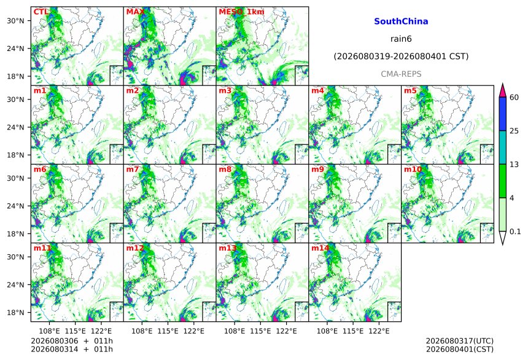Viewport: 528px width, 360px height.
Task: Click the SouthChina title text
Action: coord(401,22)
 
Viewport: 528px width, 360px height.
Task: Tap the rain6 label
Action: coord(401,39)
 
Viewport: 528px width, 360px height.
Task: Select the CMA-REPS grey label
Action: coord(401,74)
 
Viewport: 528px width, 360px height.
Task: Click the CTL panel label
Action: coord(41,12)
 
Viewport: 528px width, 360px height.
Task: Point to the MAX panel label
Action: coord(135,12)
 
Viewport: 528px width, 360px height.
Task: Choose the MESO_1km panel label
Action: coord(241,12)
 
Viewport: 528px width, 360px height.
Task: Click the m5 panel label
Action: coord(410,91)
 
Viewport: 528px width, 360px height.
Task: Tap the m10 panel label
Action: coord(413,169)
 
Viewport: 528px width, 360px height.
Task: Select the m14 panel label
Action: coord(320,248)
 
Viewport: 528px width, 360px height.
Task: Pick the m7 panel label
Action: coord(133,169)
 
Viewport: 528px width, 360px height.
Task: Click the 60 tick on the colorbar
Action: coord(514,98)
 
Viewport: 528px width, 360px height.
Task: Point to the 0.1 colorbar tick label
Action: coord(515,232)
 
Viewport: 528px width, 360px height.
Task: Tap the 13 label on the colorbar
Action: coord(514,165)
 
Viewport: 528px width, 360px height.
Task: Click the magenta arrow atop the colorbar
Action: coord(503,90)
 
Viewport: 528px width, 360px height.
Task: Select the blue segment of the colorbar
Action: coord(503,114)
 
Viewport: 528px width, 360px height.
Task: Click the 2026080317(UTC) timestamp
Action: coord(460,341)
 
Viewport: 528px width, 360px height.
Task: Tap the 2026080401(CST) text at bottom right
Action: coord(460,349)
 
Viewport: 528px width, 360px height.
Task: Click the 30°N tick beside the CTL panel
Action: coord(15,21)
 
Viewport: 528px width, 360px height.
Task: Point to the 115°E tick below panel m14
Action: coord(353,331)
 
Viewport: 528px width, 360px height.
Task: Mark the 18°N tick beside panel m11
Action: coord(15,313)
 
